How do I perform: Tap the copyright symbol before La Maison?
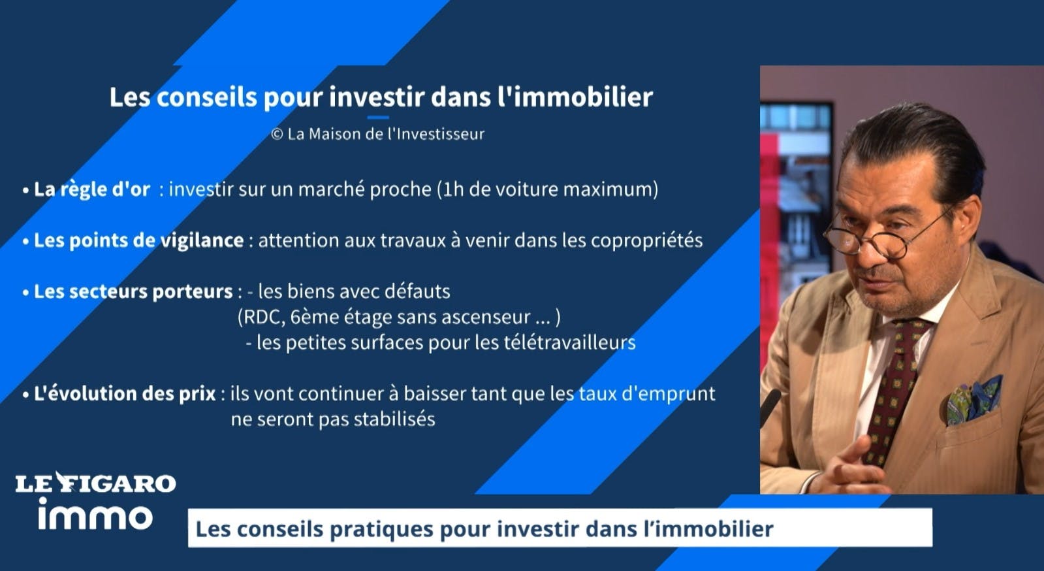277,135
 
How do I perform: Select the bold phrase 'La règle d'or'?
92,189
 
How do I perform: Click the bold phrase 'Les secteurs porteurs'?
133,291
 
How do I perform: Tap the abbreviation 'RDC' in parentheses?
264,318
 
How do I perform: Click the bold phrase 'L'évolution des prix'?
125,394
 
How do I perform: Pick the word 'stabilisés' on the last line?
394,419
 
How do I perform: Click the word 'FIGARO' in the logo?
125,483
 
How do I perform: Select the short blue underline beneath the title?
378,118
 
